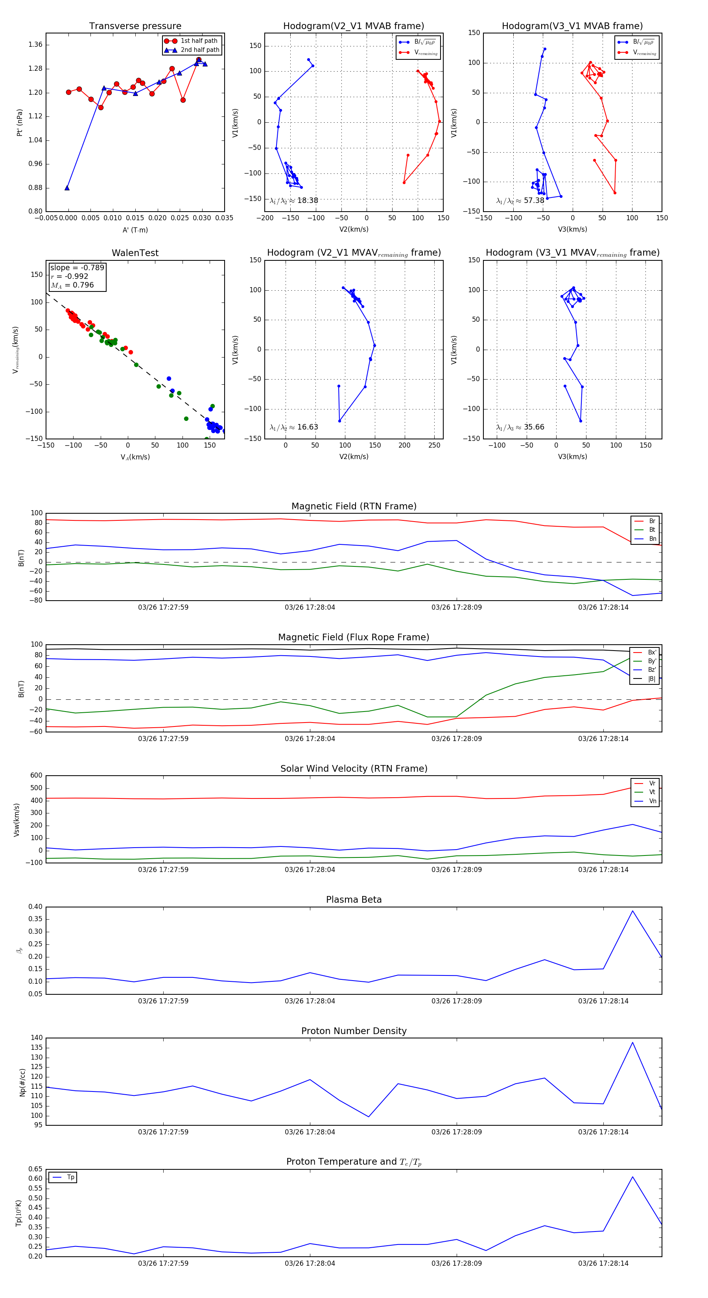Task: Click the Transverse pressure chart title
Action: [x=135, y=26]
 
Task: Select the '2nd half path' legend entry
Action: [x=199, y=50]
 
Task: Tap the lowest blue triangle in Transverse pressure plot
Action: [x=67, y=188]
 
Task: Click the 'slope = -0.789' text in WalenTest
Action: [x=77, y=267]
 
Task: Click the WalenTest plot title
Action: [x=135, y=253]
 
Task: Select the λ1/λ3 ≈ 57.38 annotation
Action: [x=520, y=201]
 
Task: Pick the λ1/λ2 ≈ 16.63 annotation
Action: [x=294, y=427]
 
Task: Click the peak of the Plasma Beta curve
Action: [x=632, y=911]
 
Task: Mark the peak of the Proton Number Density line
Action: [x=632, y=1042]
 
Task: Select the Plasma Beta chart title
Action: [x=354, y=900]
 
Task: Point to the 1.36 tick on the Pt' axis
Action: [x=35, y=45]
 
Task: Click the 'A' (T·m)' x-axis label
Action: [x=135, y=230]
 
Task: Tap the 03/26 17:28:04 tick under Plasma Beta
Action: [x=310, y=1001]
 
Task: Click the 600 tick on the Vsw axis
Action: [x=36, y=776]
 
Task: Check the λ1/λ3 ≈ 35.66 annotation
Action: [x=520, y=427]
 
